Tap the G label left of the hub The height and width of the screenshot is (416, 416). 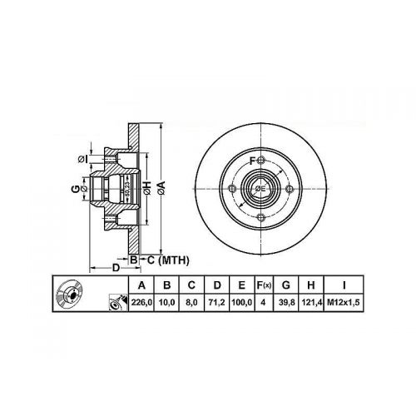coord(73,188)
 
